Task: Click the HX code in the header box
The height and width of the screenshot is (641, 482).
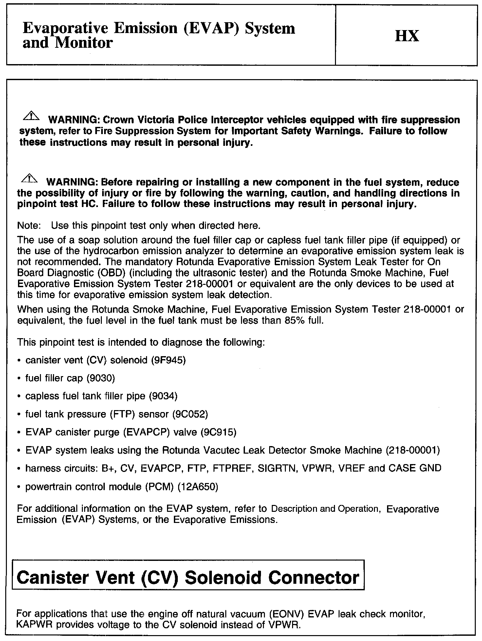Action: (x=407, y=36)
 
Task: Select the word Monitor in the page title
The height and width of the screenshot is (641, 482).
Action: (x=83, y=43)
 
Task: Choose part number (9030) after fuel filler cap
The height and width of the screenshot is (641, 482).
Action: (x=101, y=378)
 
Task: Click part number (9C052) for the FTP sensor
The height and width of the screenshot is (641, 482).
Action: (x=190, y=414)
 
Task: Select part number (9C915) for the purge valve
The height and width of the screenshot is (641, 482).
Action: (x=218, y=432)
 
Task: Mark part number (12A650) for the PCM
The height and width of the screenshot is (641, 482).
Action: (x=197, y=487)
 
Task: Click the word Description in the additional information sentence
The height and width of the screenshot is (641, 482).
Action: (x=294, y=509)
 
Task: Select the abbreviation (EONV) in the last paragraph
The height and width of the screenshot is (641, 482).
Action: (x=285, y=614)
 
